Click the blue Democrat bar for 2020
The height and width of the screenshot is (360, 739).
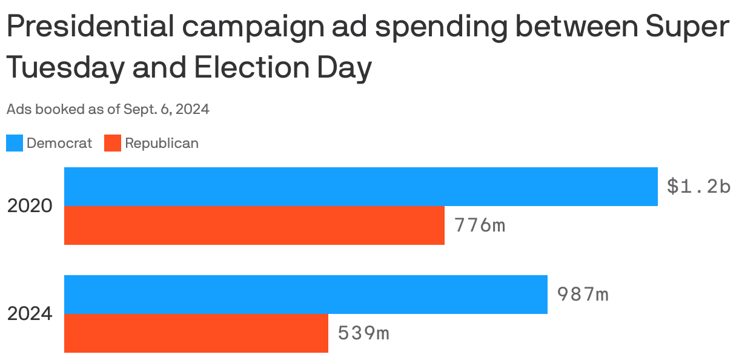pyautogui.click(x=360, y=187)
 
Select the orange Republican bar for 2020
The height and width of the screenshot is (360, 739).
pyautogui.click(x=254, y=225)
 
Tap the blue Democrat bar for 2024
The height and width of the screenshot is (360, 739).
pyautogui.click(x=305, y=295)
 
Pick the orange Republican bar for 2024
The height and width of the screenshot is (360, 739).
pyautogui.click(x=196, y=333)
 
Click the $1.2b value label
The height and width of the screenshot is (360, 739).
pyautogui.click(x=698, y=187)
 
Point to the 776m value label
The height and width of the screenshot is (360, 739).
pyautogui.click(x=479, y=225)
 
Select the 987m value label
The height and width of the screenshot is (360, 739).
pyautogui.click(x=582, y=295)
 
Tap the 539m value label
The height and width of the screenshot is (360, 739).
pyautogui.click(x=363, y=333)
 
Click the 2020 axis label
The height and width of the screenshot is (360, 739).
pyautogui.click(x=30, y=206)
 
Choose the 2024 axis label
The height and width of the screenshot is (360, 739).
pyautogui.click(x=30, y=314)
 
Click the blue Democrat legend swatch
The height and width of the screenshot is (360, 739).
pyautogui.click(x=15, y=144)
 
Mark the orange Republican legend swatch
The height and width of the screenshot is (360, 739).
pyautogui.click(x=113, y=144)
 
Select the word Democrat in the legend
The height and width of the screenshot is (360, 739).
pyautogui.click(x=59, y=144)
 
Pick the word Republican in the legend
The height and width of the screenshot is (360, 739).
pyautogui.click(x=162, y=144)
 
